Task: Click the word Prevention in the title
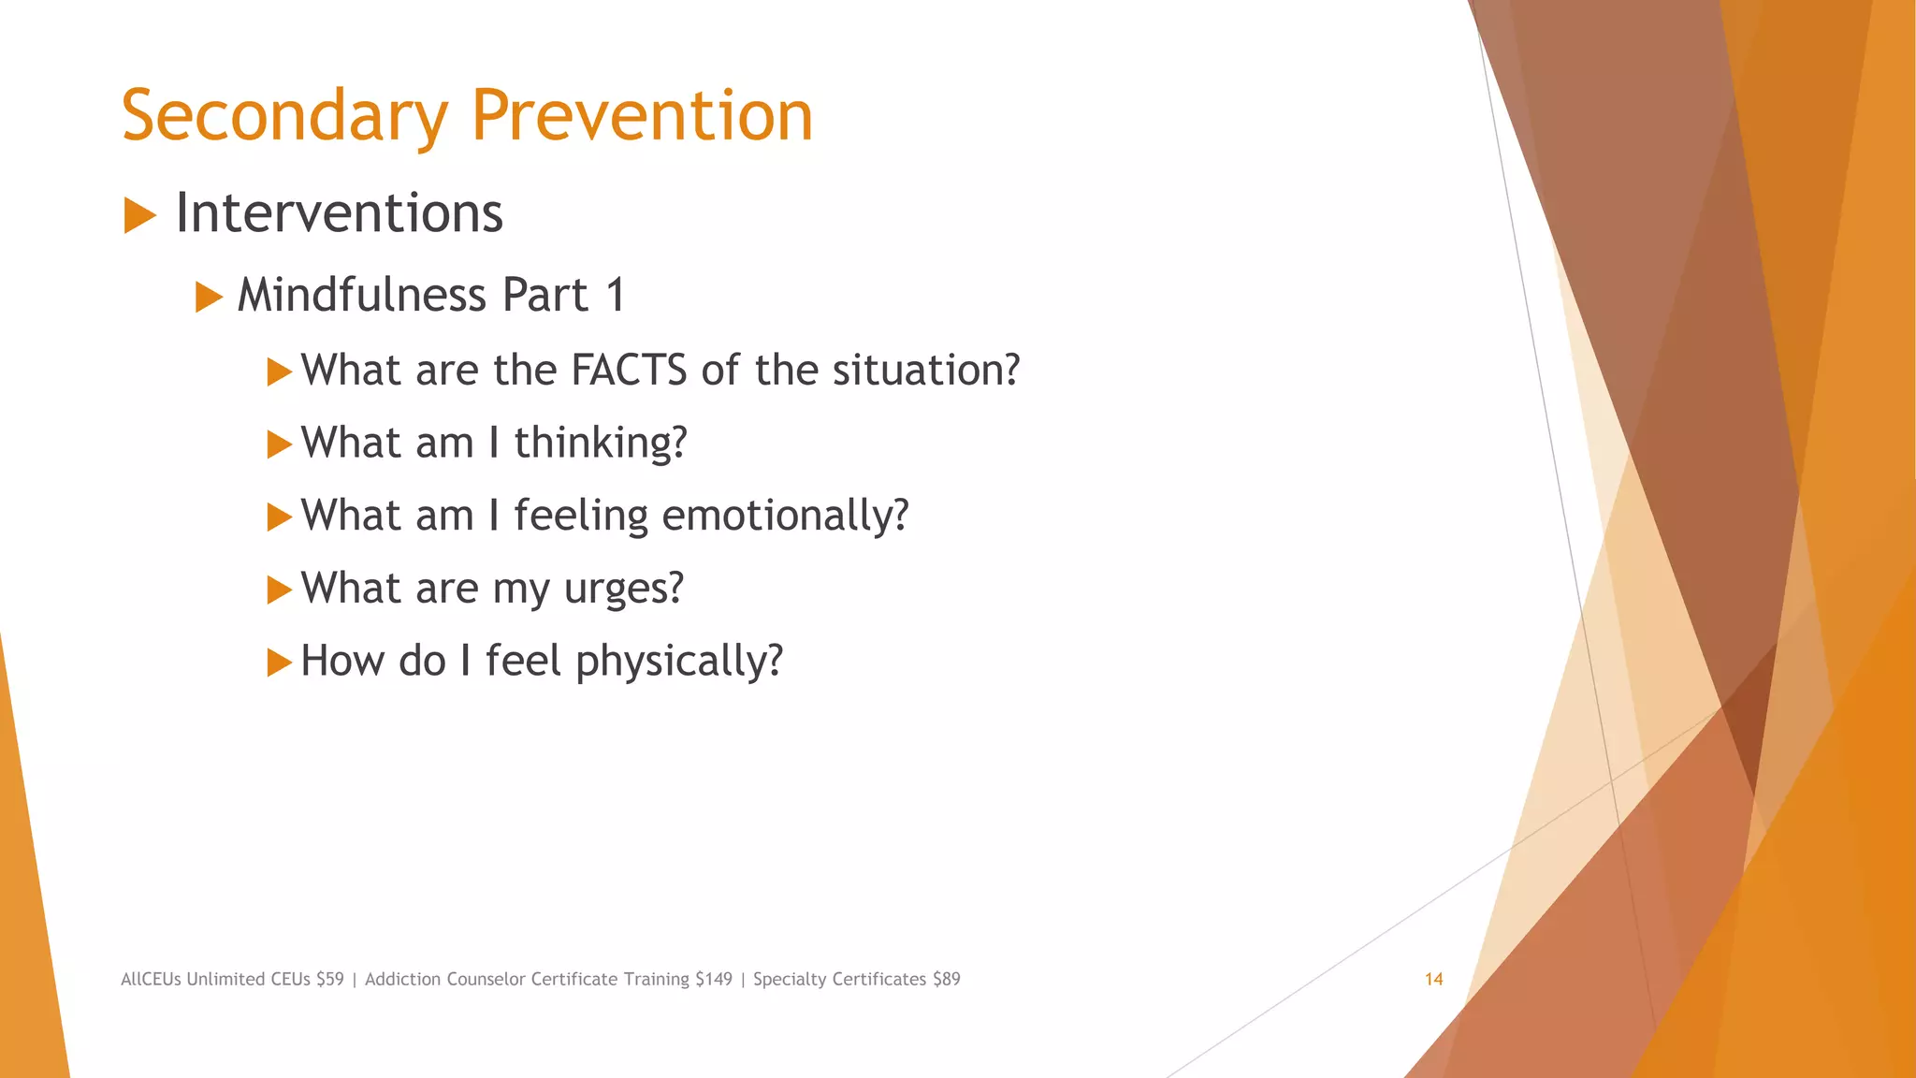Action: pos(642,116)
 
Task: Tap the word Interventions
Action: pos(339,213)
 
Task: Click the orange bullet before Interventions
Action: pos(139,216)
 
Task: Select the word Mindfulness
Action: pos(361,296)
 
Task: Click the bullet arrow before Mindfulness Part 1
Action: pos(209,299)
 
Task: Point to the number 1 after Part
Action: pos(615,296)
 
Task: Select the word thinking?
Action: pos(601,444)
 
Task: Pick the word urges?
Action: pos(624,590)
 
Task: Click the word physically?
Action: pos(679,662)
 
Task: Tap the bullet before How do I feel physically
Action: pos(279,663)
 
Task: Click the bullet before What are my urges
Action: pos(279,590)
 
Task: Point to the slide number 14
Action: pos(1433,980)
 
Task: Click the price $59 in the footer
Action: pos(329,980)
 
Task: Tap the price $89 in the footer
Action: pos(946,980)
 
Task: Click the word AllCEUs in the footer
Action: pos(151,980)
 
